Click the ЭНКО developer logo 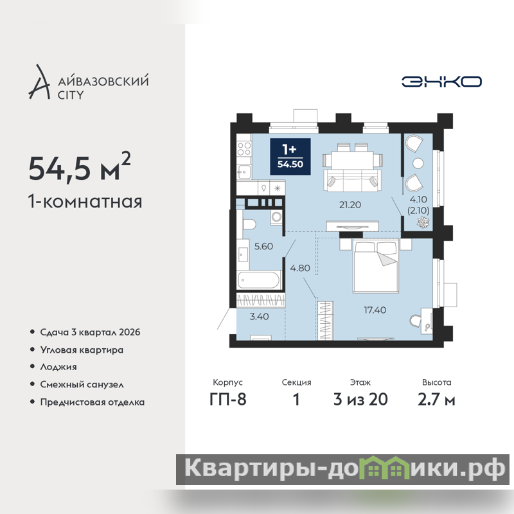click(441, 82)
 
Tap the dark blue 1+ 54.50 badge click(290, 157)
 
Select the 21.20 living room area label click(350, 205)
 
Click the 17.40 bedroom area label click(375, 310)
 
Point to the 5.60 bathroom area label click(263, 246)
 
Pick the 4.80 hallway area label click(300, 268)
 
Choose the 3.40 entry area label click(259, 316)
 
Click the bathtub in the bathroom click(260, 281)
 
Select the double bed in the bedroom click(376, 265)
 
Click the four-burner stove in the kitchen click(244, 148)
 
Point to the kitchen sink click(244, 172)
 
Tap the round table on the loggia click(418, 163)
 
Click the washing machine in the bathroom click(277, 217)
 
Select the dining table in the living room click(352, 159)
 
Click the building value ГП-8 click(228, 399)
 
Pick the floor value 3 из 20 click(360, 399)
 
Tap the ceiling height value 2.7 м click(436, 399)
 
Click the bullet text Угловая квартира click(82, 350)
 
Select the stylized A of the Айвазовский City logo click(39, 82)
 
